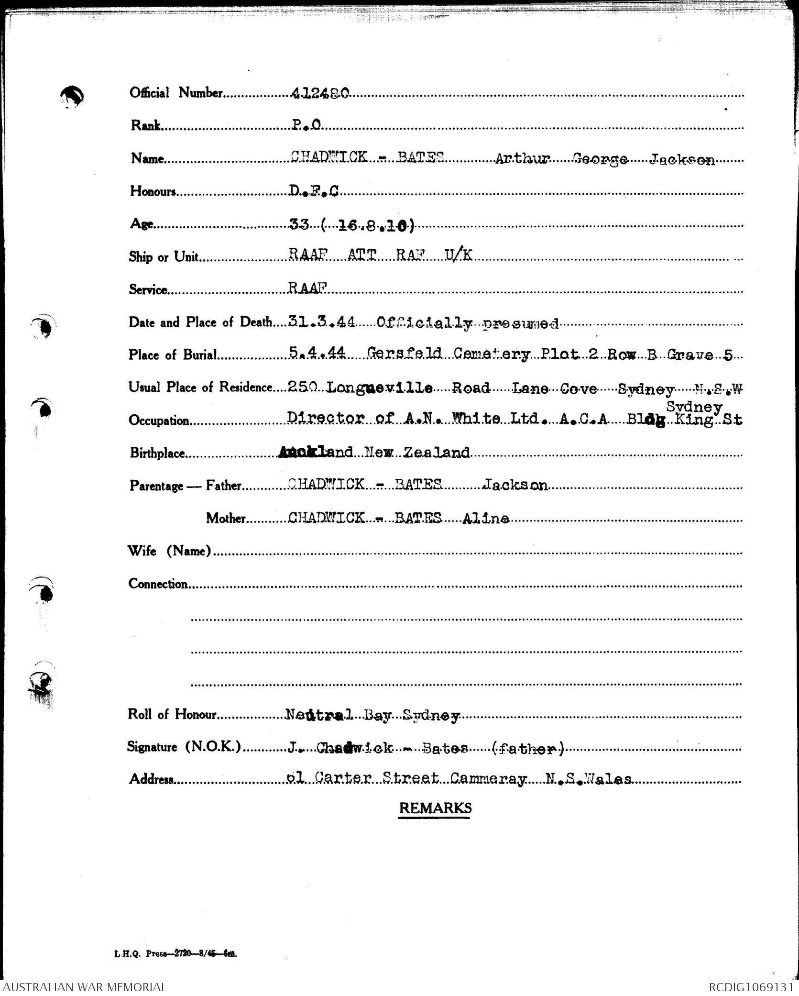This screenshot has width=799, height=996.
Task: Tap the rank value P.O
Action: click(306, 125)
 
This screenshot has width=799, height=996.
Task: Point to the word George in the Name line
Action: click(600, 159)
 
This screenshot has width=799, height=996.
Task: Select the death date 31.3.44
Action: click(321, 322)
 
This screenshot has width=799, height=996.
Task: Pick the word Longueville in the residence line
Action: click(380, 388)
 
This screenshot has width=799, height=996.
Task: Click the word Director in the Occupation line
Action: click(326, 419)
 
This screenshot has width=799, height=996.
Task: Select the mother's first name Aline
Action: click(485, 519)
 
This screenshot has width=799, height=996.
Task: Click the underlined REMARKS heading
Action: click(435, 808)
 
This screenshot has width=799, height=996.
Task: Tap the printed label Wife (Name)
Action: click(169, 551)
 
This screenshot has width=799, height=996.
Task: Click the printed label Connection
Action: click(158, 584)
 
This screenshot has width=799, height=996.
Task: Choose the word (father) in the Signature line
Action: click(528, 748)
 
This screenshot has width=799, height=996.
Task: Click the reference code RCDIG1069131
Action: click(753, 987)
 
